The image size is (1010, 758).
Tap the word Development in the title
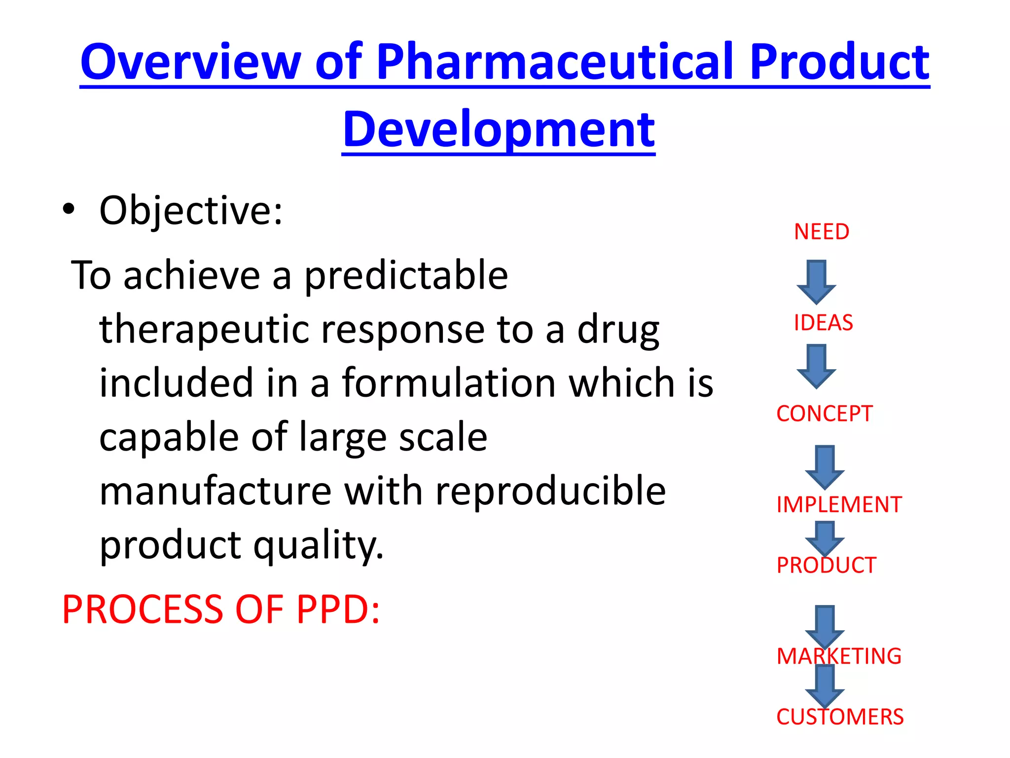(499, 129)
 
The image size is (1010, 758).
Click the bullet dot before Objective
(69, 209)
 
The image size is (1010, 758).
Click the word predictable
(405, 275)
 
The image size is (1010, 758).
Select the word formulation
(449, 383)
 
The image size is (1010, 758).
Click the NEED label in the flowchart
(822, 232)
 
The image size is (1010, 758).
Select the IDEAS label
(823, 323)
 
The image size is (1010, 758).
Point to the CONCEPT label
(824, 414)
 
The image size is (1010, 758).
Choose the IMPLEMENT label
(839, 505)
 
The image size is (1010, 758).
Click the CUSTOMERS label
(840, 717)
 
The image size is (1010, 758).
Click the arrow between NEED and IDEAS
(816, 282)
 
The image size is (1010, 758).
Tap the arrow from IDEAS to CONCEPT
(816, 366)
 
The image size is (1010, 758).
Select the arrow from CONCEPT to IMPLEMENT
(825, 467)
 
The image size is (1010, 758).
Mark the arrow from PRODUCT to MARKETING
(825, 626)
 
